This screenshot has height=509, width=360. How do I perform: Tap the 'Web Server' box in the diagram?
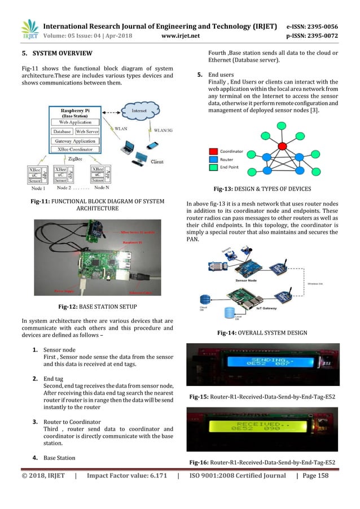[x=87, y=131]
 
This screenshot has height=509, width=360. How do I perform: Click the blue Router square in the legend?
[x=213, y=160]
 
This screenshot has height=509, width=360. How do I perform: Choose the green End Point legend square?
[x=213, y=168]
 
